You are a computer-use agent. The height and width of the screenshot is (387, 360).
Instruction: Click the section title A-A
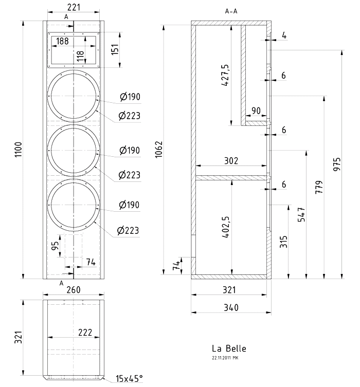tap(231, 11)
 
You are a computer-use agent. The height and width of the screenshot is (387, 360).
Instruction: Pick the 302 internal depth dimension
tap(231, 161)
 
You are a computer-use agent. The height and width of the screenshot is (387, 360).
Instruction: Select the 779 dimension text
tap(319, 186)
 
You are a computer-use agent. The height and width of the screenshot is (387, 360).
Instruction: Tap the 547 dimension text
tap(302, 213)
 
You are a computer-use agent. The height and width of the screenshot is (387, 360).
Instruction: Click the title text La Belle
tap(229, 349)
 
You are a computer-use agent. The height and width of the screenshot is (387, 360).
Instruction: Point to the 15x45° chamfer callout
tap(129, 379)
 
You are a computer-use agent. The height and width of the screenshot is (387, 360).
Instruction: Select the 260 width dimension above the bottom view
tap(74, 290)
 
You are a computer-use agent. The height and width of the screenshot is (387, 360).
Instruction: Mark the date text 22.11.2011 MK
tap(225, 357)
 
